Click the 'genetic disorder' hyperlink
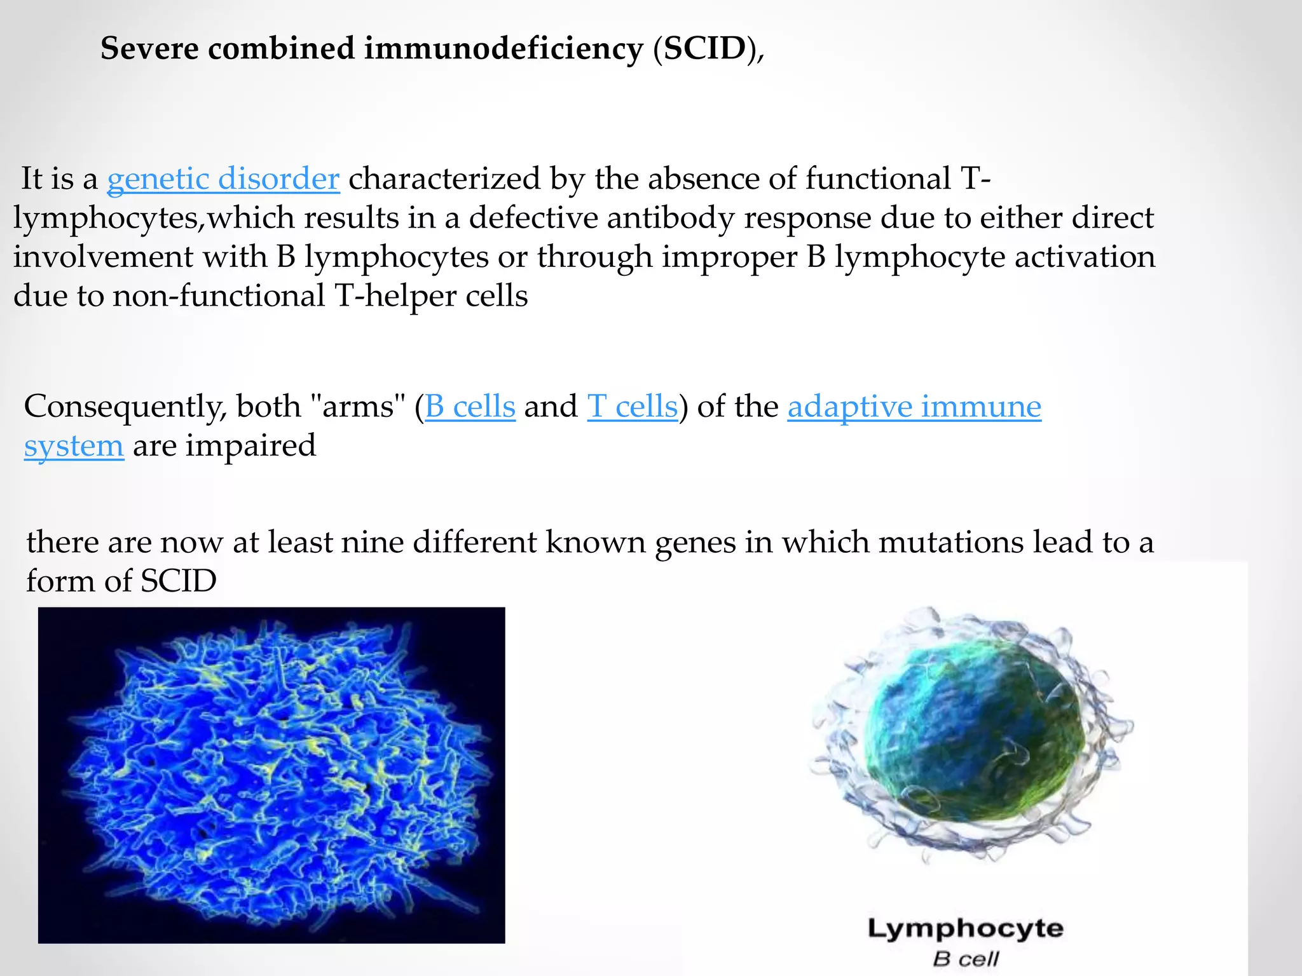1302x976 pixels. click(x=223, y=179)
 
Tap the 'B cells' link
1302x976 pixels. click(x=470, y=406)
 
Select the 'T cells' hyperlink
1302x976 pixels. click(x=633, y=406)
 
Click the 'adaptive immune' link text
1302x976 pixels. click(x=914, y=406)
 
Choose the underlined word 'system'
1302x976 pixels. click(x=74, y=445)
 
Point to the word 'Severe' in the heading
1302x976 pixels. click(x=149, y=49)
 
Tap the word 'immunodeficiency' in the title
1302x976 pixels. click(x=504, y=49)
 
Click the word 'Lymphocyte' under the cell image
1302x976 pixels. click(x=965, y=928)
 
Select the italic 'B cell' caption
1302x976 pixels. click(x=965, y=959)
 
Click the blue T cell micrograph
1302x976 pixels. click(x=271, y=775)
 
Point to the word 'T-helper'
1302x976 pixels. click(x=395, y=296)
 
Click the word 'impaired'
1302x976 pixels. click(x=250, y=445)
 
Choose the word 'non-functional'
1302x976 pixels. click(x=219, y=296)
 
